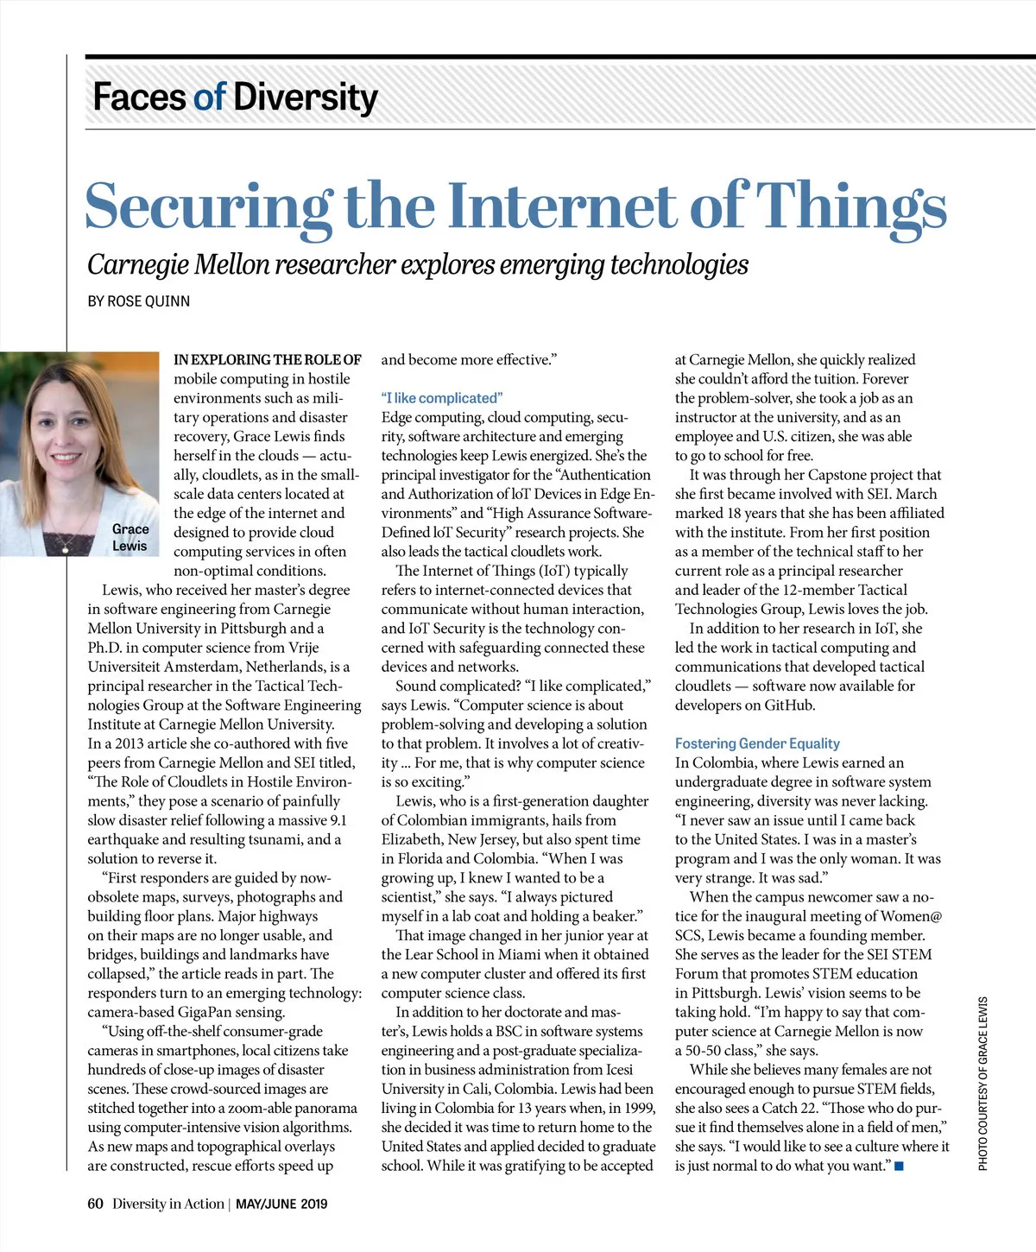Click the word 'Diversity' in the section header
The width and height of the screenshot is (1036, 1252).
(x=306, y=97)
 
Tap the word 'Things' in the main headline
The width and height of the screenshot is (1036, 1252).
(x=851, y=207)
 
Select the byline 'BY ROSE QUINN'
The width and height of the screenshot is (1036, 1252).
(x=139, y=301)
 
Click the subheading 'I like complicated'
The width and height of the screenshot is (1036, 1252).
(x=441, y=398)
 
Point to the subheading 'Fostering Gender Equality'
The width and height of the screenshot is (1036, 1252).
(x=757, y=743)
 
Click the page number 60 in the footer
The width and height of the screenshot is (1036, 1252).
(x=95, y=1204)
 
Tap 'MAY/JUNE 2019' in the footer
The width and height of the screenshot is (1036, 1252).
(x=281, y=1204)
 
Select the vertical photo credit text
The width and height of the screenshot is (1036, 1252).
(x=982, y=1084)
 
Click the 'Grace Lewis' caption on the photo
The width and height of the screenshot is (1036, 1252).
(x=129, y=537)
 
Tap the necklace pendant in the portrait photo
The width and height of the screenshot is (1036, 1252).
(x=66, y=549)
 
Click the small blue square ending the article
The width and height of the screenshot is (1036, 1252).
(x=899, y=1167)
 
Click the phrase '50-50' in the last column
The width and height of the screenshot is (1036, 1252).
(x=704, y=1051)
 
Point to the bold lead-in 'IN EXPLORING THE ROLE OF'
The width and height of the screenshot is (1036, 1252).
(x=268, y=360)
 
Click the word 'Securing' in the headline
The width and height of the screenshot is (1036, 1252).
(x=207, y=207)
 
